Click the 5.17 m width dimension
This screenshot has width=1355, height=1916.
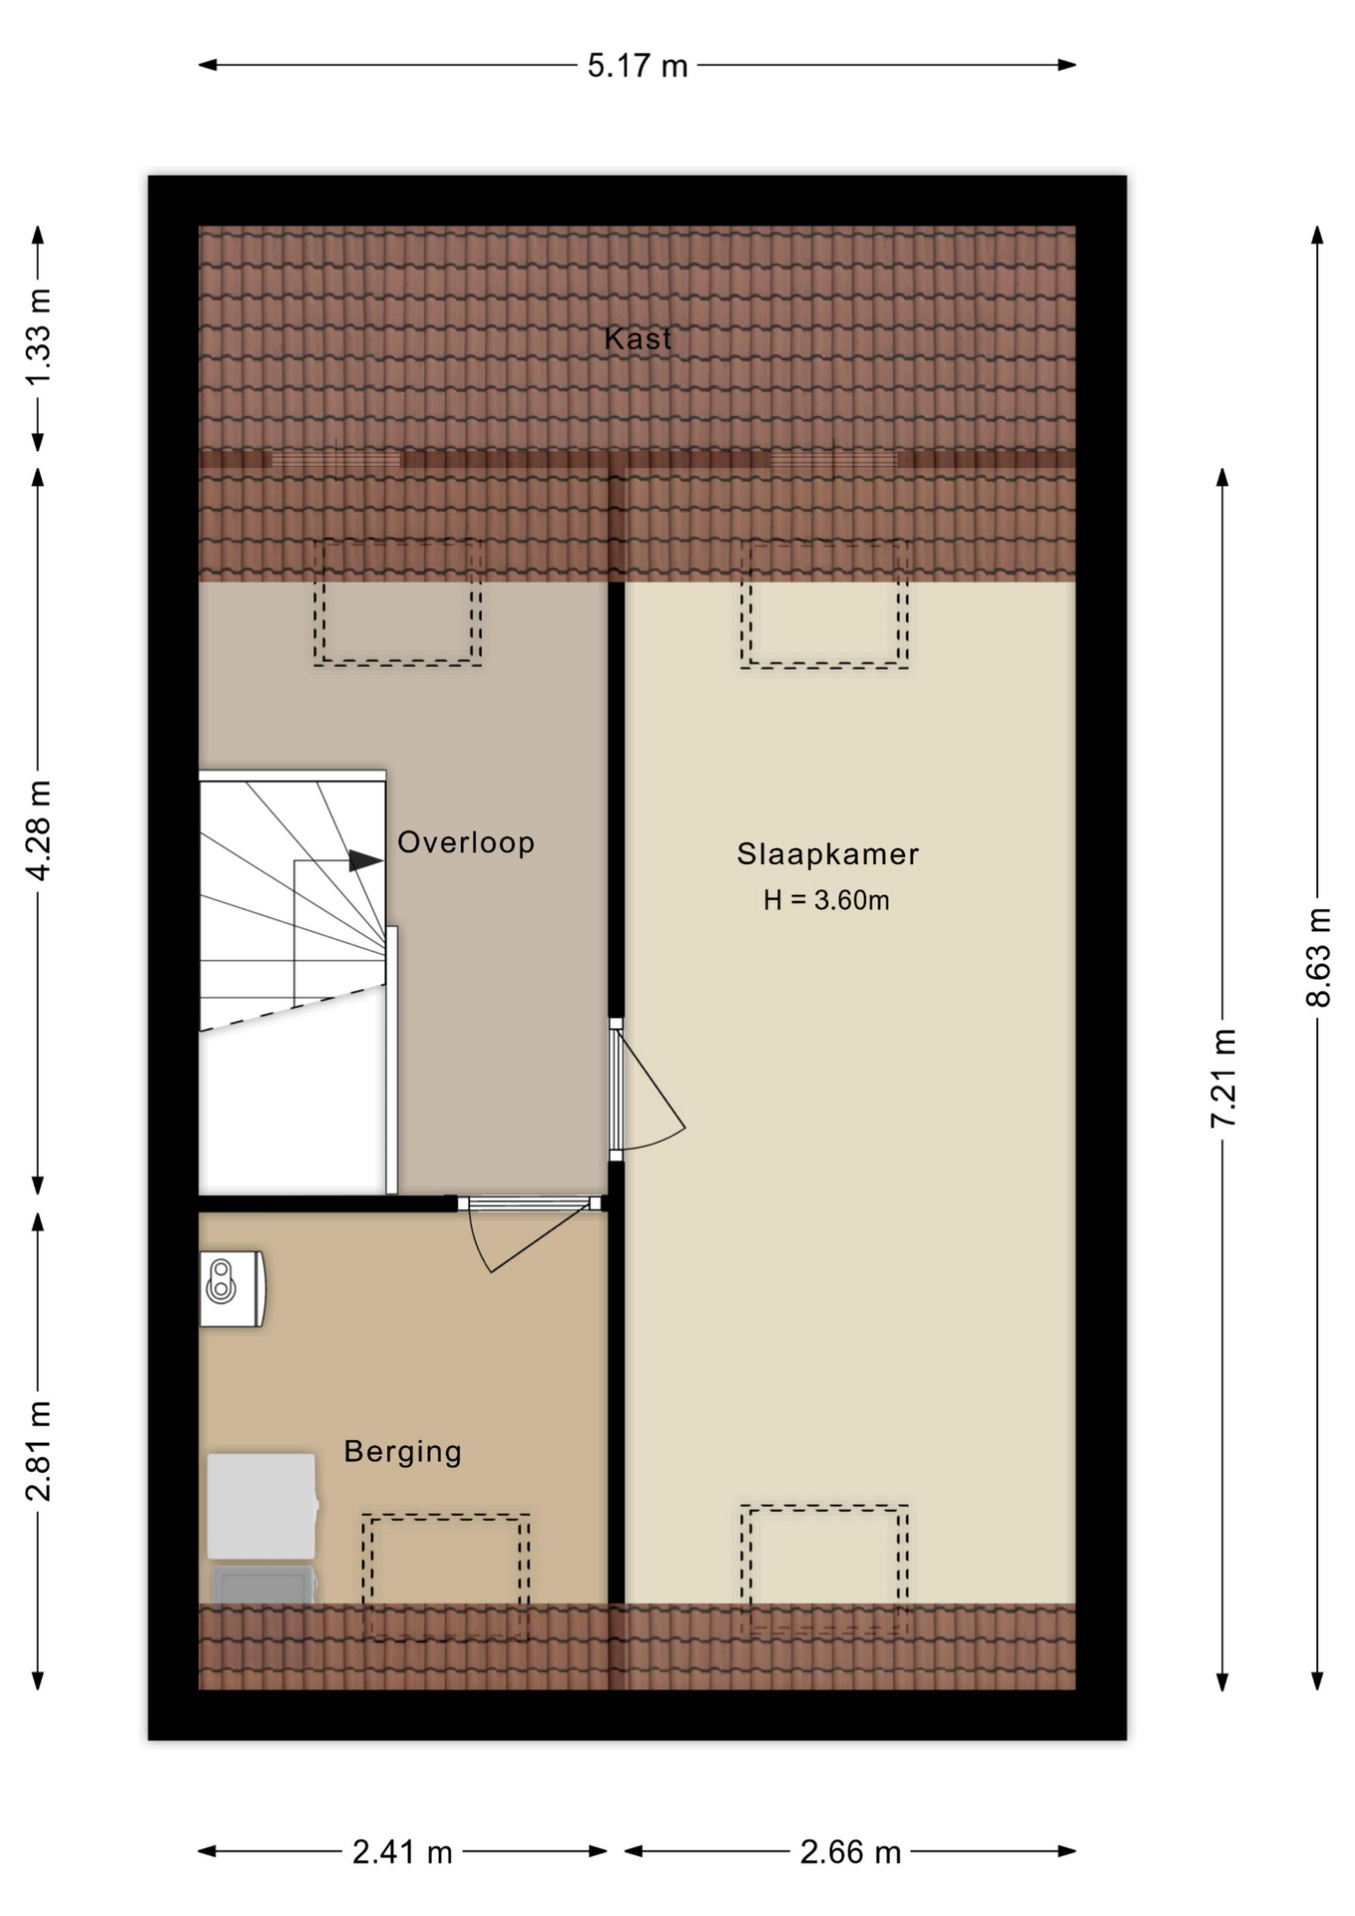coord(638,66)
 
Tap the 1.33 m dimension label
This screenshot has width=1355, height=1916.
coord(38,337)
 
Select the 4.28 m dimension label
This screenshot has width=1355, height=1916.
coord(38,830)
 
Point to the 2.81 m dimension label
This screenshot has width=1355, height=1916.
coord(38,1451)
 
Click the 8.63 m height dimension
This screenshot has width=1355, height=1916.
coord(1318,957)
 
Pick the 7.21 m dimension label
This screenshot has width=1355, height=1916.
coord(1223,1078)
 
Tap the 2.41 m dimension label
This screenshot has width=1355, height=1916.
coord(402,1852)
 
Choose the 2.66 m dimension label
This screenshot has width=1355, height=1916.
coord(850,1852)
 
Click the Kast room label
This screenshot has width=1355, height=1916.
coord(638,338)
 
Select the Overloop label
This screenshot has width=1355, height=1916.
coord(466,842)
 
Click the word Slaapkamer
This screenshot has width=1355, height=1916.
coord(827,854)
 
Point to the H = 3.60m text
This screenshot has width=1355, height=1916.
coord(826,900)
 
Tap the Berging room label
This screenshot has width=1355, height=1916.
coord(402,1451)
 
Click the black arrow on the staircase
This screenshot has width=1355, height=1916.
coord(365,860)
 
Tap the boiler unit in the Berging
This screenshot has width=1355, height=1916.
coord(232,1288)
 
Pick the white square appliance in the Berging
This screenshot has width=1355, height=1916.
coord(262,1506)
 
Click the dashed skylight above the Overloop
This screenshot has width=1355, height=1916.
coord(398,604)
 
